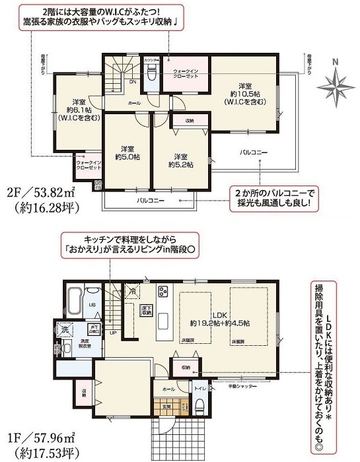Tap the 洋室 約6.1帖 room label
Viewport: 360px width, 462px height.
click(77, 108)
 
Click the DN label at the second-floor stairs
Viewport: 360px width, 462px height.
click(132, 82)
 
